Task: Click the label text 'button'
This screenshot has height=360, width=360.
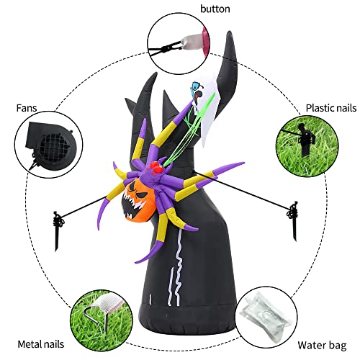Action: coord(215,9)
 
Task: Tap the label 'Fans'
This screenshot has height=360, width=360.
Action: coord(27,108)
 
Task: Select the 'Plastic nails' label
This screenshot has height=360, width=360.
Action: coord(331,108)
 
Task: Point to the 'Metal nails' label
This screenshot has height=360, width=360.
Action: coord(41,344)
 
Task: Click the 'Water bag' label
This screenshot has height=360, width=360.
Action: coord(322,346)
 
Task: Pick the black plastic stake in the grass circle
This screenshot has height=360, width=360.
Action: coord(304,138)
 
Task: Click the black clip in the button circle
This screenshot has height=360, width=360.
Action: coord(166,49)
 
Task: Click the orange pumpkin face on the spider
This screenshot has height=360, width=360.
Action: coord(138,199)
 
